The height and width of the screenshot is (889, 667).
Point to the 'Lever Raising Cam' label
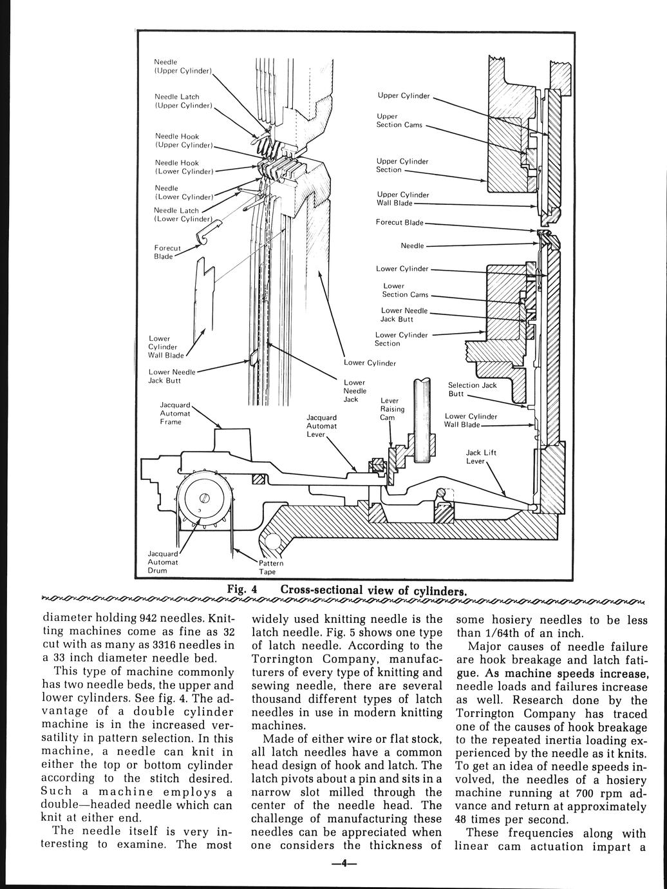coord(393,409)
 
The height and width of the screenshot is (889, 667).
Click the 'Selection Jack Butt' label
coord(472,389)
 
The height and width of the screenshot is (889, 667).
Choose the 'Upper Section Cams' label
coord(399,120)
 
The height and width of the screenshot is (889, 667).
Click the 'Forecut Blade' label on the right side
coord(399,223)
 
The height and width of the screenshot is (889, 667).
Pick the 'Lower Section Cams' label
coord(405,290)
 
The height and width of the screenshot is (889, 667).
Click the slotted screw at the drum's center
coord(204,498)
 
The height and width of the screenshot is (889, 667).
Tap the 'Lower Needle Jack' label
coord(355,391)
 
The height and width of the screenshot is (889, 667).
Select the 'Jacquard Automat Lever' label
coord(321,426)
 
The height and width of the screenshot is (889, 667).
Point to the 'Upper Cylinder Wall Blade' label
coord(402,199)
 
